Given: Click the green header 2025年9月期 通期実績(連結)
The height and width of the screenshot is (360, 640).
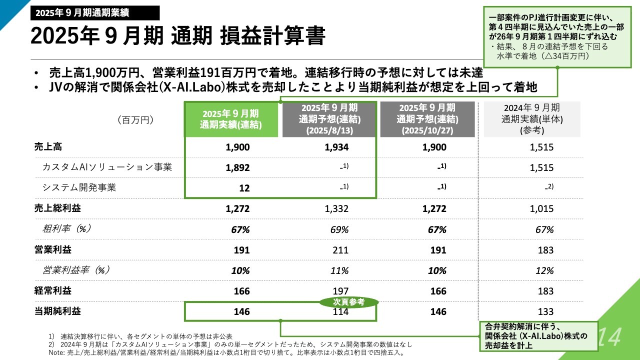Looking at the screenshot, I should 231,119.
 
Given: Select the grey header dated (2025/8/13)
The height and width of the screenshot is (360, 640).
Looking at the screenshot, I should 328,119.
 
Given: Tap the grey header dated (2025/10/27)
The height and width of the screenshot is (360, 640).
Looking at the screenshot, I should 427,119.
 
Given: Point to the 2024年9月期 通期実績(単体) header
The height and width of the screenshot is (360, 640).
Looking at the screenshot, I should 531,119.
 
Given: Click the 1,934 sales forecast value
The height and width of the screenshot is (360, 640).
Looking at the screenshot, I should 336,147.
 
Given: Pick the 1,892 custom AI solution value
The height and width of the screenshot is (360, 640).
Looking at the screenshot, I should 237,168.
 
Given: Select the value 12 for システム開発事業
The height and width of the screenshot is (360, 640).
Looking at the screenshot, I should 244,188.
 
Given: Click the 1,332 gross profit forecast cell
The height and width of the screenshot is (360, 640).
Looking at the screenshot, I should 336,209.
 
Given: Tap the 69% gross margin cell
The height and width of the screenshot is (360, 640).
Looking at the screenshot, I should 339,229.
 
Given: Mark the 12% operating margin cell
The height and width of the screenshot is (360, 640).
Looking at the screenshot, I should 544,270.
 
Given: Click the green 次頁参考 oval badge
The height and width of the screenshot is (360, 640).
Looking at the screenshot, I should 348,301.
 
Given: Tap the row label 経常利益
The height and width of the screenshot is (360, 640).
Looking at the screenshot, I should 52,290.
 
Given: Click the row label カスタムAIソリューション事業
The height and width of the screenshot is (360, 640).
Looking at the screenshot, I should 107,167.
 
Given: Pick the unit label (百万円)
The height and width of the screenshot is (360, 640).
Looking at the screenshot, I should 135,120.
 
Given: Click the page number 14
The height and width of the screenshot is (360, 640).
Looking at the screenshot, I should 608,336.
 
